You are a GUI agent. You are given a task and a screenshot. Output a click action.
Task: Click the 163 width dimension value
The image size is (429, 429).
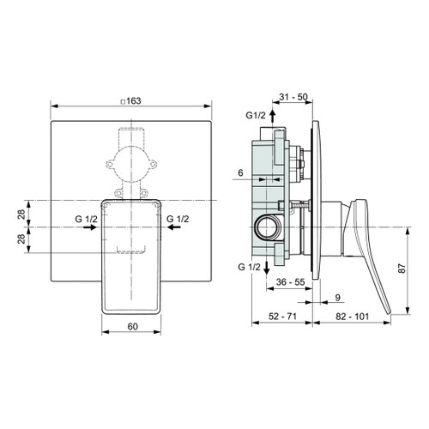click(135, 100)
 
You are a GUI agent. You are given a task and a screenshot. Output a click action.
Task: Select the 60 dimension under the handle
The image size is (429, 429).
click(132, 327)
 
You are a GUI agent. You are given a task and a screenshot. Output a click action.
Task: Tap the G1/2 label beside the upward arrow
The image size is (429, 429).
click(255, 114)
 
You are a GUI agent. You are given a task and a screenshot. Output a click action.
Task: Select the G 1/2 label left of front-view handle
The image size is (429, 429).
click(86, 220)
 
